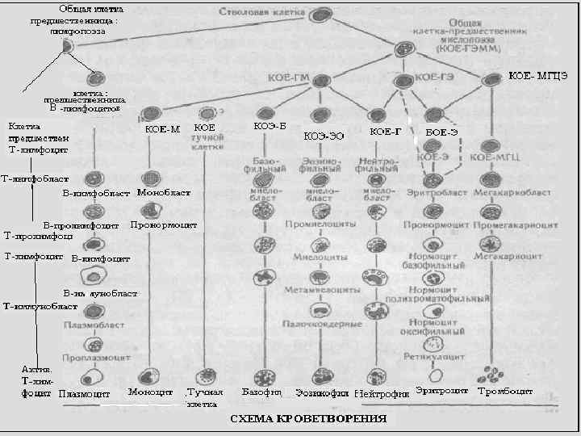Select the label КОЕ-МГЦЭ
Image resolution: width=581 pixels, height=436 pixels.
[x=537, y=76]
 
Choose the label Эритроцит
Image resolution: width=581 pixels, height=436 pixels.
[x=442, y=392]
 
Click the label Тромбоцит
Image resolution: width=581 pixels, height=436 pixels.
[x=504, y=392]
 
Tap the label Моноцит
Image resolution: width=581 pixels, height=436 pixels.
[x=150, y=392]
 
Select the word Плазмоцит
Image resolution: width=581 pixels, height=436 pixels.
[x=85, y=394]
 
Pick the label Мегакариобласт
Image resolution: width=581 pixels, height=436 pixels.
[x=512, y=195]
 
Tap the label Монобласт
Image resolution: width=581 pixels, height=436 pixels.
[x=164, y=194]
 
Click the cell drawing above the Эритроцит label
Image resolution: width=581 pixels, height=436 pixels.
[x=435, y=375]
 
